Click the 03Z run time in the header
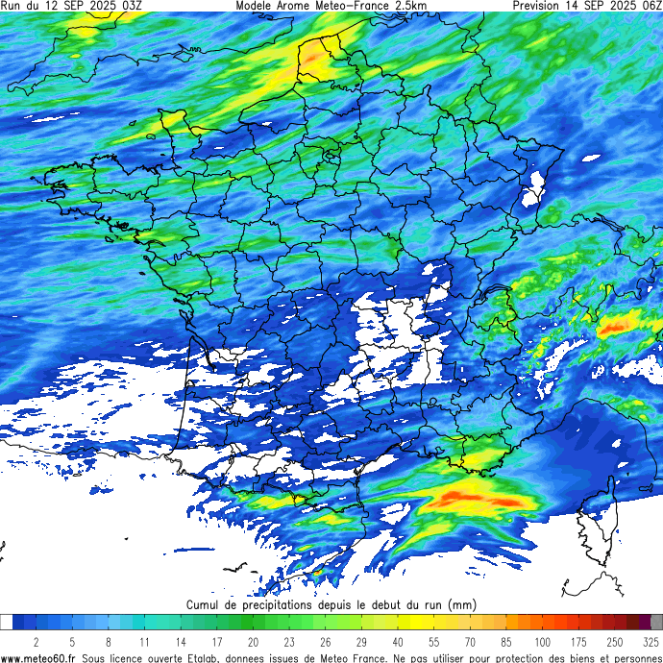(131, 6)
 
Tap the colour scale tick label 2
(36, 641)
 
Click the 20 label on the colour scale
(253, 641)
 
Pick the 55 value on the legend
(434, 641)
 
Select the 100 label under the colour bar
(543, 641)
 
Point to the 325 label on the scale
(651, 641)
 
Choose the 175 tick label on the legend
(579, 641)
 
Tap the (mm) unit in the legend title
(462, 605)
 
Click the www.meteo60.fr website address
(39, 657)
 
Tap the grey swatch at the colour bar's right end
(656, 623)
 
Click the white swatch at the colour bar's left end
(6, 623)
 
